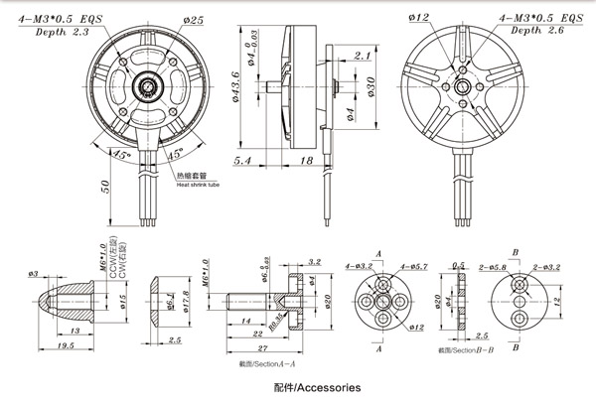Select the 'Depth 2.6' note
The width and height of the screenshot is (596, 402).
(x=531, y=32)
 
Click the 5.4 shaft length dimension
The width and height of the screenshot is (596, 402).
(x=242, y=158)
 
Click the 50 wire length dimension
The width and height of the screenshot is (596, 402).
(x=105, y=188)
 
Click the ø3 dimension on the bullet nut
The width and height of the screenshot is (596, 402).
(x=33, y=273)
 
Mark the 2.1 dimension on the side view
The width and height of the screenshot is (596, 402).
(x=362, y=56)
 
